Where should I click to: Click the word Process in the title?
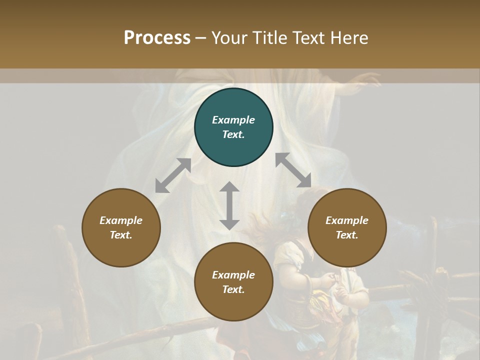click(157, 38)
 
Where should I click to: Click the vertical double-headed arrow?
click(229, 205)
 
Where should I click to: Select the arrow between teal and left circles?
click(173, 175)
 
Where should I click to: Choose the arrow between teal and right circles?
click(293, 170)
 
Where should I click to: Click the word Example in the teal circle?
click(233, 120)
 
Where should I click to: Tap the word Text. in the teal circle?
click(233, 134)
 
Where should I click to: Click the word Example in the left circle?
click(121, 220)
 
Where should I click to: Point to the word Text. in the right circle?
click(347, 235)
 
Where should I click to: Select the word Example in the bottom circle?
click(233, 275)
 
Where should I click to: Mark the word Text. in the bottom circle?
click(233, 289)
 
